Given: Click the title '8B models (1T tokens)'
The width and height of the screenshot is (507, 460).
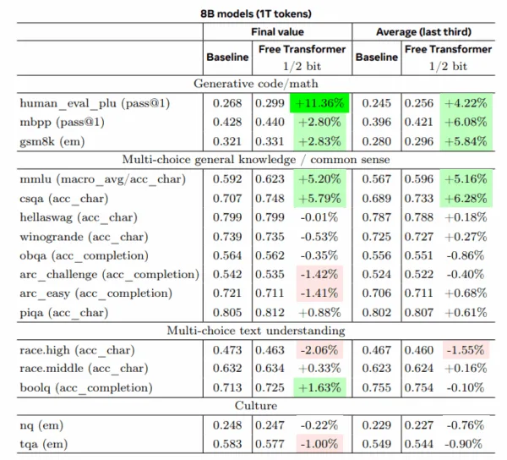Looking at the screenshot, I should coord(253,12).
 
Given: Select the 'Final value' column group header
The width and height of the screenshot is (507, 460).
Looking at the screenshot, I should coord(277,32).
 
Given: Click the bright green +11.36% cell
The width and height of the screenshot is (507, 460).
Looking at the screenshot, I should coord(319,103).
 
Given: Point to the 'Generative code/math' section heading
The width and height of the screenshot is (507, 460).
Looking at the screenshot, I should coord(253,84).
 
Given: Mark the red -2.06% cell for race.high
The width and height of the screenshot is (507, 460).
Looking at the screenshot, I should coord(319,349).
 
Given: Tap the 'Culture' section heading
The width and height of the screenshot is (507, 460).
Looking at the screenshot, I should coord(253,405).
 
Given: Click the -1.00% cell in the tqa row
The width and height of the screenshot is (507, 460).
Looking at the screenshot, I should coord(319,443).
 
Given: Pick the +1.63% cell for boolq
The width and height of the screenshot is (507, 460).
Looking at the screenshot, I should coord(319,386).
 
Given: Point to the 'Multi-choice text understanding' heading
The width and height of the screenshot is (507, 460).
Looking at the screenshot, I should coord(253,330).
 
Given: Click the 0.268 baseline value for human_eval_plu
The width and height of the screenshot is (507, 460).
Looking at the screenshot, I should coord(226,103).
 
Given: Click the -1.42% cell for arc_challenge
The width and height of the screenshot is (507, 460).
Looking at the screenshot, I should coord(319,274).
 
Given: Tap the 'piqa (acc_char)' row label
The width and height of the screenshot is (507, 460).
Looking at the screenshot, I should coord(65,311).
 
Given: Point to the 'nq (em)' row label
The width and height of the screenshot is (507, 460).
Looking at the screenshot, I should coord(44,424).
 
